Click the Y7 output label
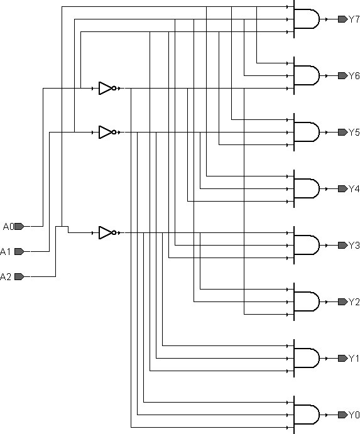tap(354, 19)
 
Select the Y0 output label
tap(354, 415)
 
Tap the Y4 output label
tap(354, 189)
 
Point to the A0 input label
tap(8, 227)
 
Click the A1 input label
tap(6, 252)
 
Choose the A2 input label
tap(6, 276)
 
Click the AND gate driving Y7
tap(306, 19)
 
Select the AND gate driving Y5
tap(306, 133)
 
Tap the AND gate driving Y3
tap(306, 245)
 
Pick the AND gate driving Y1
tap(306, 358)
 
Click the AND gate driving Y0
tap(306, 415)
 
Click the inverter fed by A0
tap(107, 89)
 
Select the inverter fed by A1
tap(107, 133)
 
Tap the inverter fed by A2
tap(107, 233)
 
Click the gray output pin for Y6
tap(343, 76)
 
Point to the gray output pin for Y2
tap(343, 301)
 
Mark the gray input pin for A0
tap(19, 226)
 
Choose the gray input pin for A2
tap(19, 276)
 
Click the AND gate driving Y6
tap(306, 75)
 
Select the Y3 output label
tap(354, 246)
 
